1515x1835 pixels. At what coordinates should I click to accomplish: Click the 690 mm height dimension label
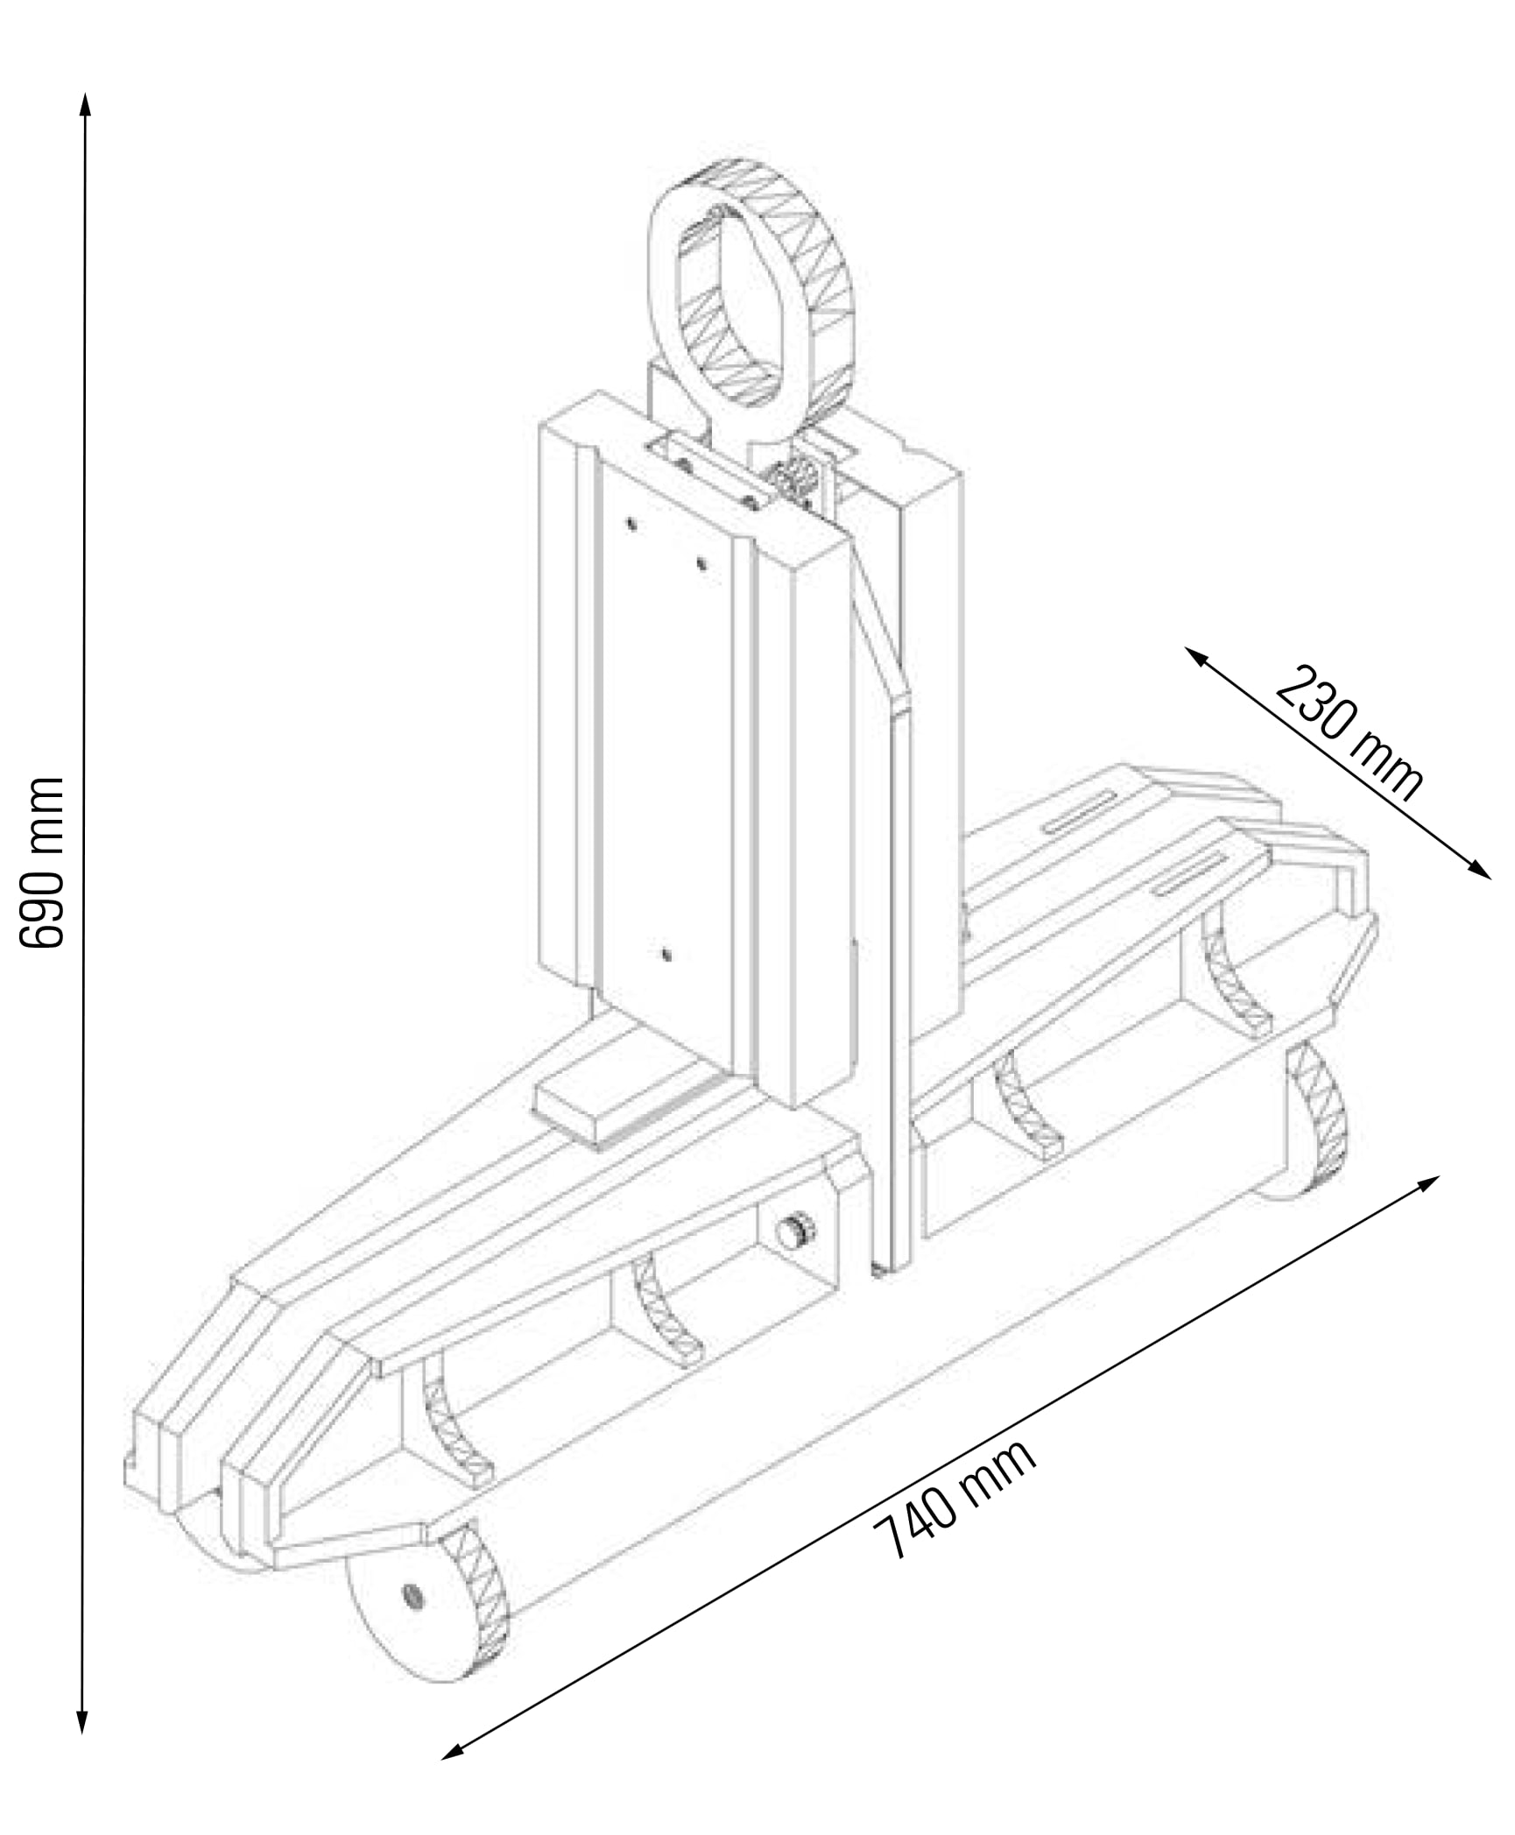(42, 862)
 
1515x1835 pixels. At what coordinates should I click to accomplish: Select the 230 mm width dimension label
(1349, 734)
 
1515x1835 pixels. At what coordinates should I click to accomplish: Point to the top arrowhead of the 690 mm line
(85, 102)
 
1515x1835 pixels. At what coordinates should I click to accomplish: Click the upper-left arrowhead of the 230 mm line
(1197, 656)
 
